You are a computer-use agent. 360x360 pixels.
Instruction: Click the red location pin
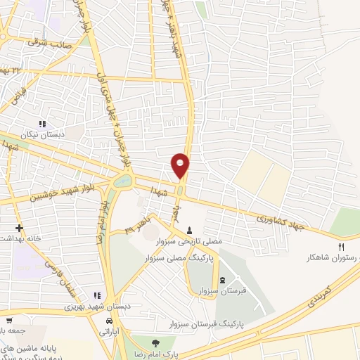coord(181,165)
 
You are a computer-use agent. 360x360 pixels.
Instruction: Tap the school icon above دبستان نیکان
coord(42,124)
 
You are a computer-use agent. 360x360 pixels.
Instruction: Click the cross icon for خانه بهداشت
coord(19,229)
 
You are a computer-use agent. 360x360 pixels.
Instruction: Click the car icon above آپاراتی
coord(108,321)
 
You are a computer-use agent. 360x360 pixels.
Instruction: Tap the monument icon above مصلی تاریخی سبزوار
coord(189,230)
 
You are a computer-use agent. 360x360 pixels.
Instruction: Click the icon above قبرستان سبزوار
coord(223,280)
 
